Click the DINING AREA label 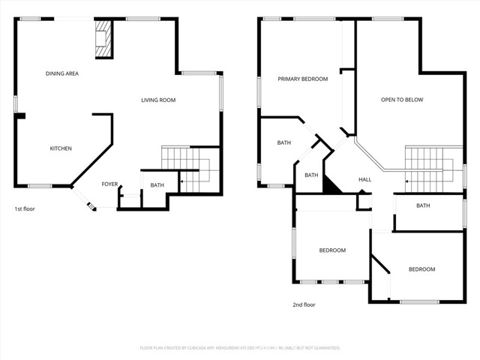(x=62, y=73)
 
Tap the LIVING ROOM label (x=158, y=100)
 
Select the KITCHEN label (x=61, y=148)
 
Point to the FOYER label (x=109, y=184)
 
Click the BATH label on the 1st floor (x=157, y=185)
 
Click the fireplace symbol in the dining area (x=102, y=39)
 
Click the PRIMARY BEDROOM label (x=302, y=79)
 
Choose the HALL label (x=364, y=180)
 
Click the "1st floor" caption (x=25, y=209)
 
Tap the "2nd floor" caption (x=304, y=305)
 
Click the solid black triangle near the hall (x=329, y=184)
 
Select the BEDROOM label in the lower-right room (x=421, y=269)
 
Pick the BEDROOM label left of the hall (x=332, y=250)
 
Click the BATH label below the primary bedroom (x=283, y=142)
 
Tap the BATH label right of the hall (x=423, y=206)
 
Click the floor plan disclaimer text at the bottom (x=240, y=348)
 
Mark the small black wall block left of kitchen (x=21, y=116)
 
